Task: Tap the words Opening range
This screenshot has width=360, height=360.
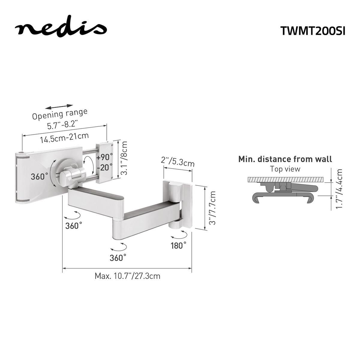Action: (60, 114)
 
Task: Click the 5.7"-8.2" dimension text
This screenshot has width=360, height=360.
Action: (62, 124)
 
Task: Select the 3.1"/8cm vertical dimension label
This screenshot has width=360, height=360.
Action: (124, 158)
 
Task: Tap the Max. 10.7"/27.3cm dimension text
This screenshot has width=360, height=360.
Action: (127, 276)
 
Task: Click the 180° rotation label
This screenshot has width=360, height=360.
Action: (178, 245)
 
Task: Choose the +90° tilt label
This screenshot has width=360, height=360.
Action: (105, 157)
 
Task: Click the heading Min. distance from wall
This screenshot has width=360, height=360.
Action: (285, 159)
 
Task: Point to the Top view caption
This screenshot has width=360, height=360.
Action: (285, 169)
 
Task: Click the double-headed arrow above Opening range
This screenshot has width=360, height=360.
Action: (59, 106)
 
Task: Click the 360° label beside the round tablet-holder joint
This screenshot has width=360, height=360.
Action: (39, 176)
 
